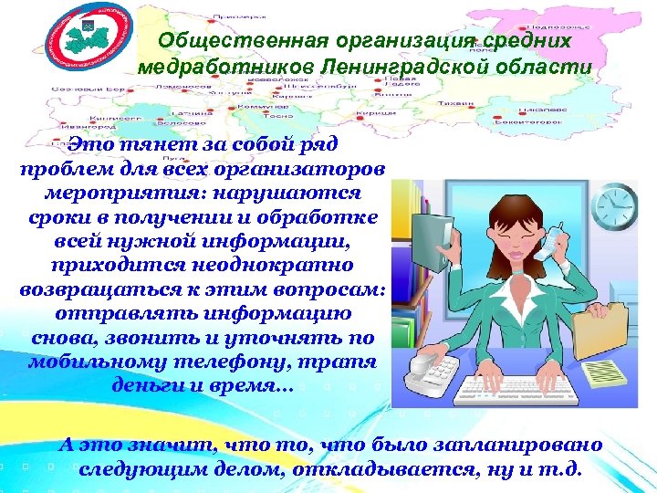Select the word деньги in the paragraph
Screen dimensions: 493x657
point(142,384)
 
